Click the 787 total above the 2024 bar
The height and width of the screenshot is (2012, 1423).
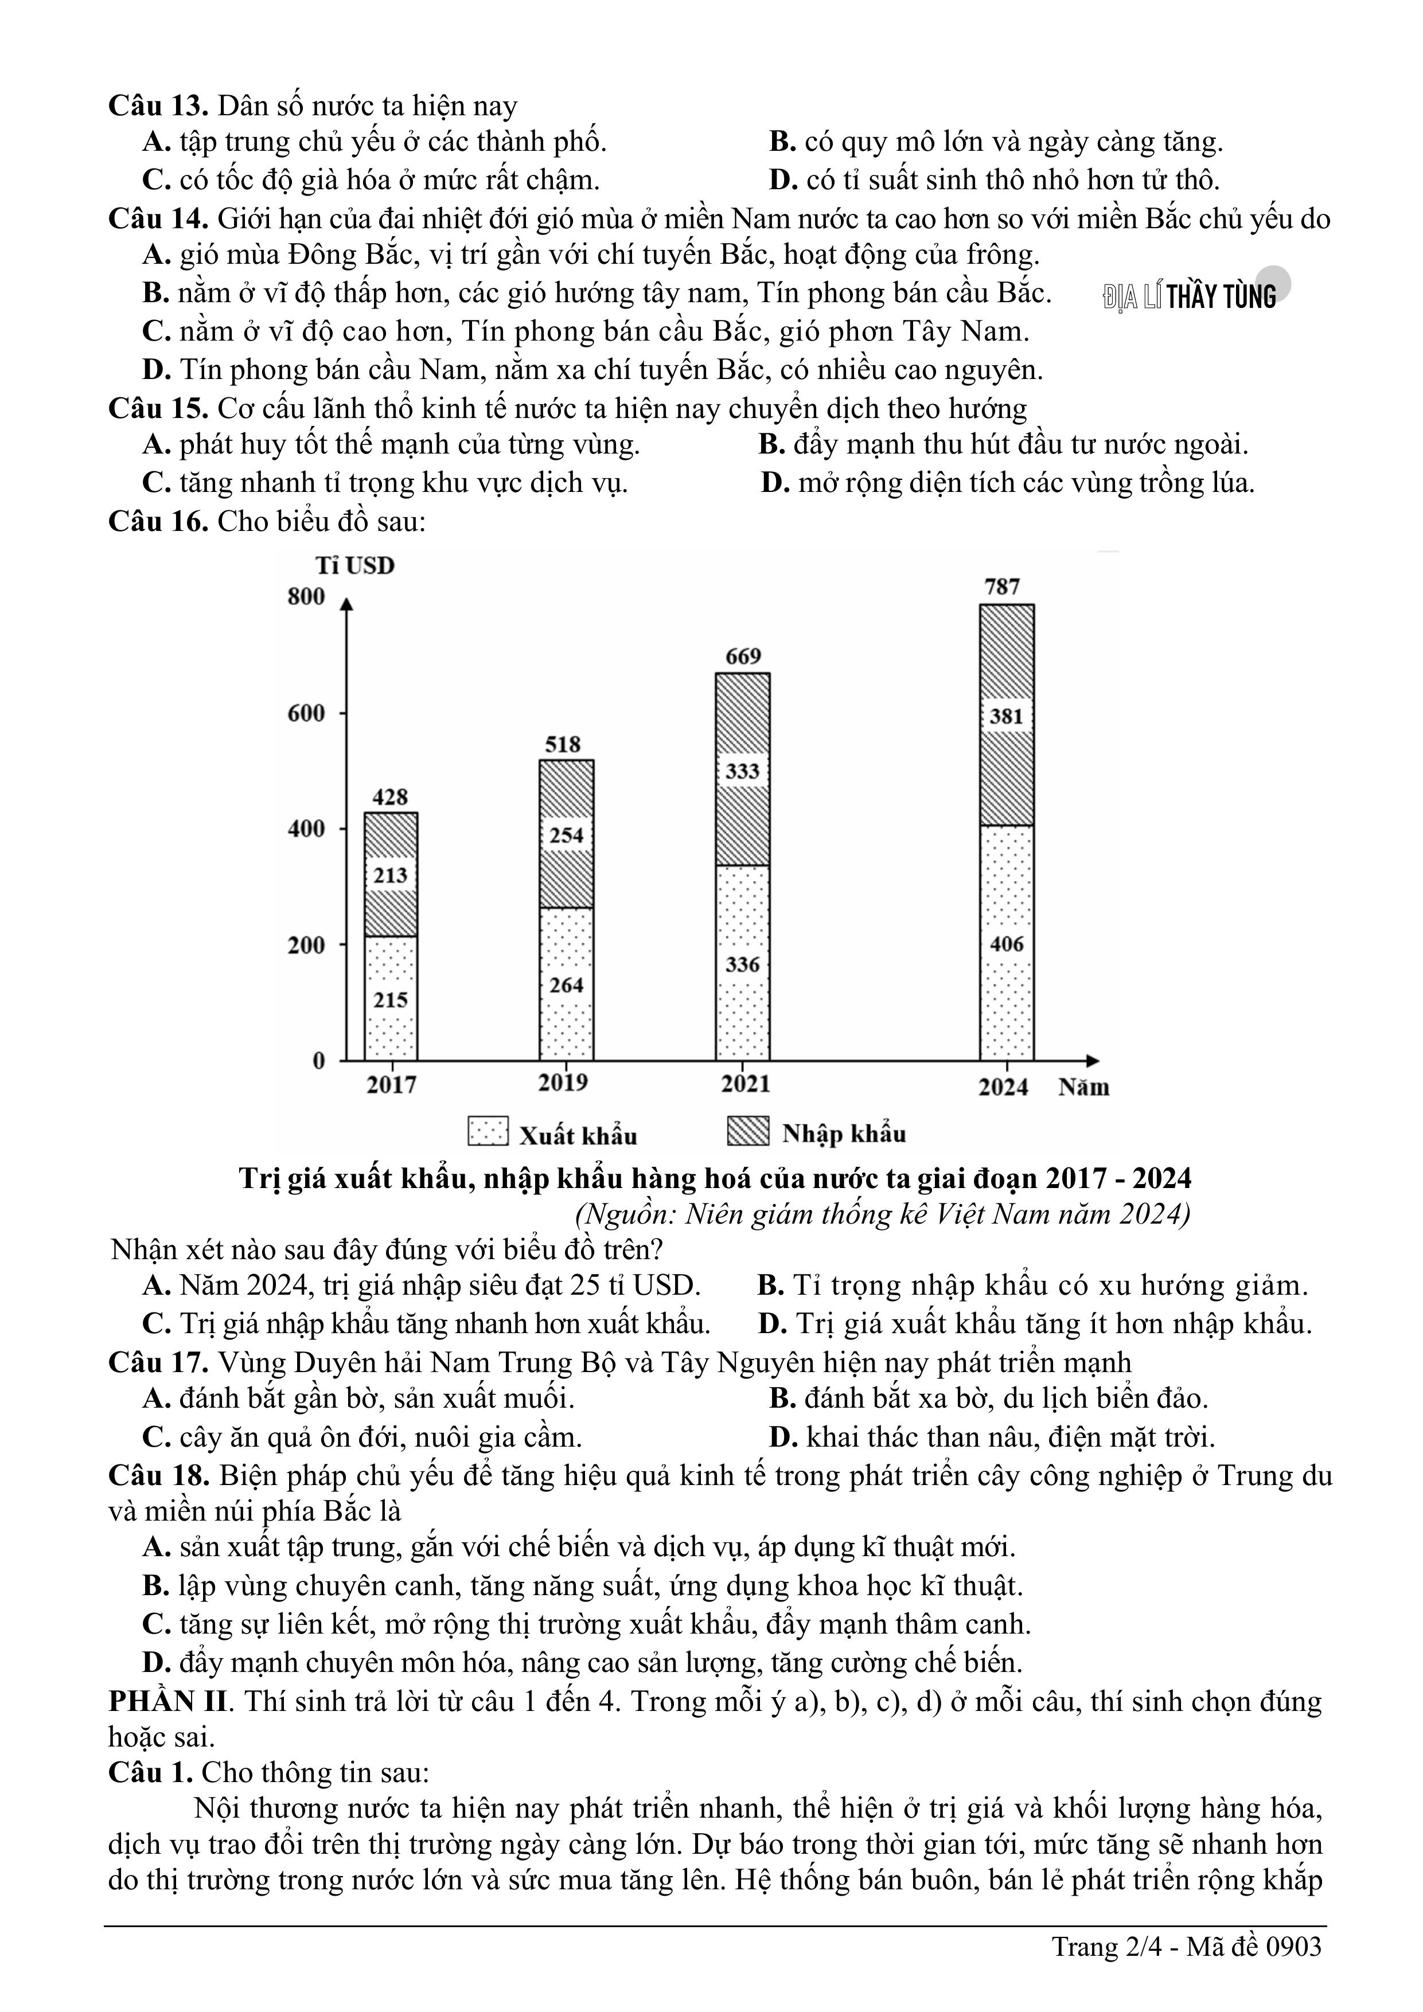coord(1002,586)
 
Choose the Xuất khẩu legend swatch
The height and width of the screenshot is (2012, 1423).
coord(488,1131)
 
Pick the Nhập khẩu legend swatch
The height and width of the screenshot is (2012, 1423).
coord(748,1131)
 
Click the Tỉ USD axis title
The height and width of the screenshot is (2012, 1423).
coord(355,565)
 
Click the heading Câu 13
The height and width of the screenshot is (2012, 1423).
coord(158,106)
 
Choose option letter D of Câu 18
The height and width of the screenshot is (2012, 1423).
coord(155,1662)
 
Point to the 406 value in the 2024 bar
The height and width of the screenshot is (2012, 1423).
coord(1007,944)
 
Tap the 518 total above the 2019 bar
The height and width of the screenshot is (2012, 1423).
coord(563,744)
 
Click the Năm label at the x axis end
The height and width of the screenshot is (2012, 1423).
coord(1083,1088)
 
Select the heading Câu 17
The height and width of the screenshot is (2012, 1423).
coord(158,1363)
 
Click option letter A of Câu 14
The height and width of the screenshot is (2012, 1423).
coord(155,255)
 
